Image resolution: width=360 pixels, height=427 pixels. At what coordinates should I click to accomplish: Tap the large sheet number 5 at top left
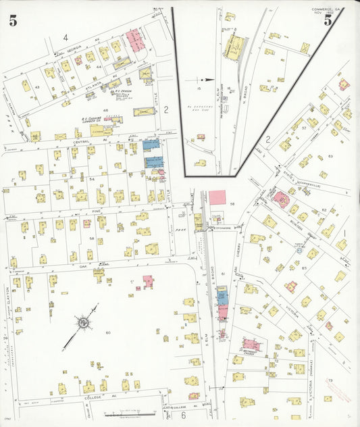pos(13,20)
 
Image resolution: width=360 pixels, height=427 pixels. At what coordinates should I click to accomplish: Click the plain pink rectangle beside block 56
pos(217,197)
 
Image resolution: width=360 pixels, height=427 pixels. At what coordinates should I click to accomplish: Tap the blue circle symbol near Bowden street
pos(299,250)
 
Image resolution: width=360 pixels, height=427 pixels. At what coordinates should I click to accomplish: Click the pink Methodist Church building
pos(251,345)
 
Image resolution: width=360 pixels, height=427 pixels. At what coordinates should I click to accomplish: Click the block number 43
pos(36,89)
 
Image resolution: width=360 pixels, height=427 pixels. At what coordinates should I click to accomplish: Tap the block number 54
pos(92,178)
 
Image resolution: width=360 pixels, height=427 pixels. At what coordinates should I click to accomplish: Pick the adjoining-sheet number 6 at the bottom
pos(182,416)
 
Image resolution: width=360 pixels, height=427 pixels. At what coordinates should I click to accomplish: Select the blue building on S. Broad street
pos(222,298)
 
